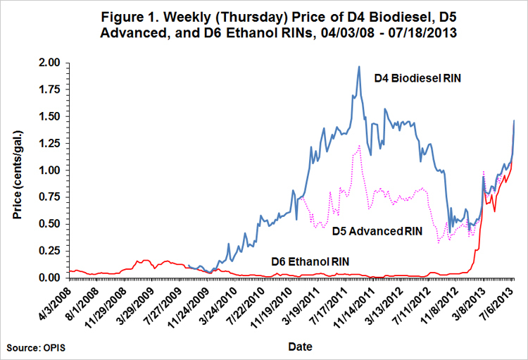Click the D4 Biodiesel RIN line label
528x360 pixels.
(x=417, y=80)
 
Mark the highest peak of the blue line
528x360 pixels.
(x=359, y=67)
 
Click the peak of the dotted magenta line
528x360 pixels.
(x=359, y=145)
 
